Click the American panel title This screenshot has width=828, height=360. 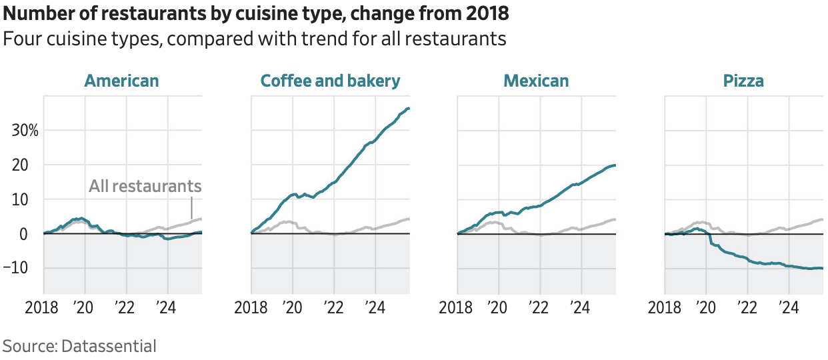(122, 81)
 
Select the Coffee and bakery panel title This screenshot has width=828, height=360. (330, 81)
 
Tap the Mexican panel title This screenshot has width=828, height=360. (536, 81)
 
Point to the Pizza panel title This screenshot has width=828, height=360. (743, 81)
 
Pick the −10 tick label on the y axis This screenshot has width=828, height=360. (24, 268)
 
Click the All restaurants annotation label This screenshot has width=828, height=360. (145, 185)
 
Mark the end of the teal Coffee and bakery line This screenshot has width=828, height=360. (409, 108)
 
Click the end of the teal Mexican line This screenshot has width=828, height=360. (615, 165)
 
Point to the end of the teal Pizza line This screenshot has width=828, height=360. (823, 268)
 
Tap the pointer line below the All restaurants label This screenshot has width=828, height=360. (191, 205)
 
